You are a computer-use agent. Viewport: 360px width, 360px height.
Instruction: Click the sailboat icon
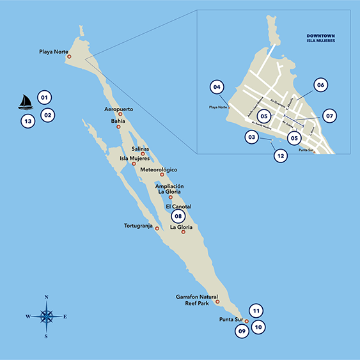click(x=25, y=102)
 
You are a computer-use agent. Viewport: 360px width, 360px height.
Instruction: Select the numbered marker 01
click(x=44, y=98)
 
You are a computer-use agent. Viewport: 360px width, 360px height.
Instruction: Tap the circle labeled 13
click(x=27, y=121)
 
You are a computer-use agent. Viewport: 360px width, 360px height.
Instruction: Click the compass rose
click(x=47, y=316)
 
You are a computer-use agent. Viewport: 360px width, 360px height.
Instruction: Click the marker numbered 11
click(x=255, y=311)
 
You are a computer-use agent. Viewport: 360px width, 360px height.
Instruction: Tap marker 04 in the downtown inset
click(x=217, y=86)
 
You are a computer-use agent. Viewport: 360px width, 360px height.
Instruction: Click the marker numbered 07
click(x=329, y=116)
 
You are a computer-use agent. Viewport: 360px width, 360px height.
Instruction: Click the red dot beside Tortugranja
click(x=157, y=228)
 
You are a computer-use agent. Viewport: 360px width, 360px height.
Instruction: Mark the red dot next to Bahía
click(x=118, y=127)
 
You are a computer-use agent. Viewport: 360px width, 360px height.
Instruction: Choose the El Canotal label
click(x=178, y=207)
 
